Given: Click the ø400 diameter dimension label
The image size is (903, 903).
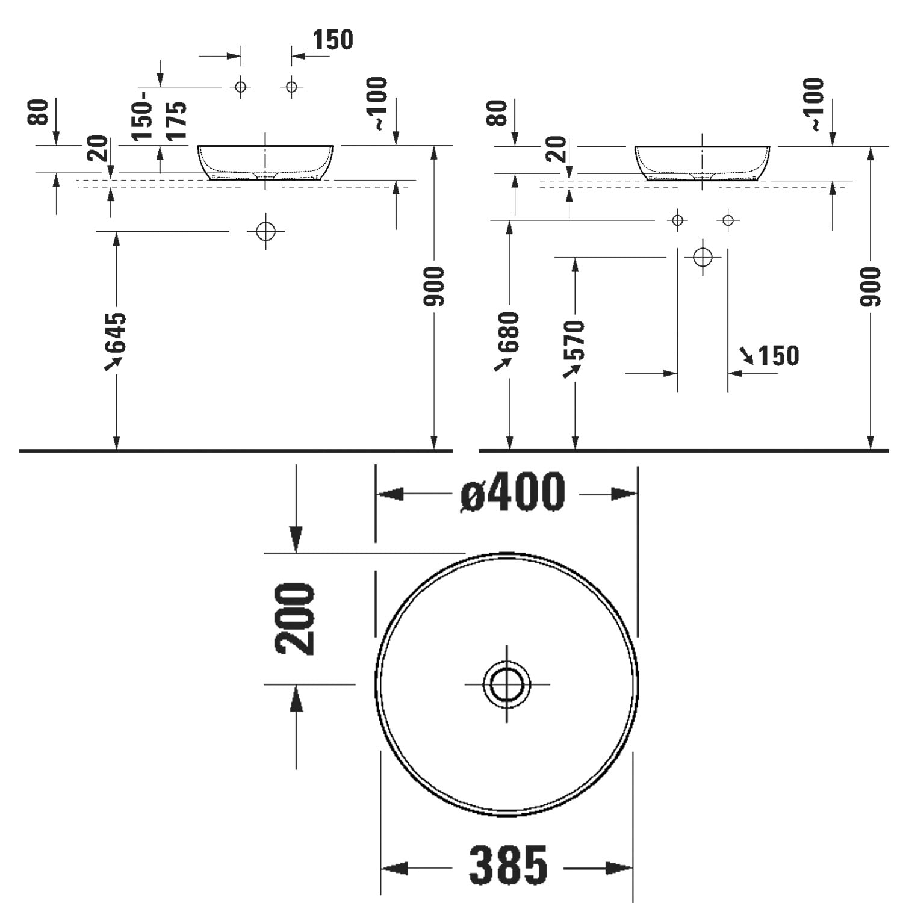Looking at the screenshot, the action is [x=513, y=492].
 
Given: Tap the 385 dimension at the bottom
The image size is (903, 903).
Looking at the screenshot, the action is [x=508, y=865].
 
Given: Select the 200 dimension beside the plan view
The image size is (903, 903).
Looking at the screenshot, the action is [x=295, y=618].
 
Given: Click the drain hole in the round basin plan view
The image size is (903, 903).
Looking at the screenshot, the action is [x=507, y=684].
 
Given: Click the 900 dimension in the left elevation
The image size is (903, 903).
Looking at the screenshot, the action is [x=433, y=286].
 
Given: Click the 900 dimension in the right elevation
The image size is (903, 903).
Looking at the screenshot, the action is [x=870, y=286].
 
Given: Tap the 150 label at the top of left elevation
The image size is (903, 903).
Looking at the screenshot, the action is [x=333, y=40].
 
